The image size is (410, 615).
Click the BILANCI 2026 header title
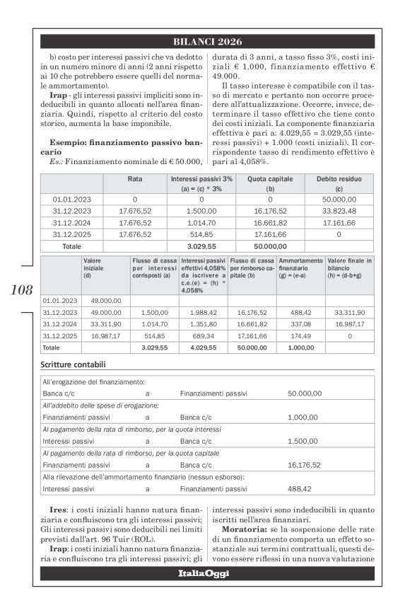point(207,42)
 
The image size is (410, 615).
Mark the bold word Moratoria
point(244,529)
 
